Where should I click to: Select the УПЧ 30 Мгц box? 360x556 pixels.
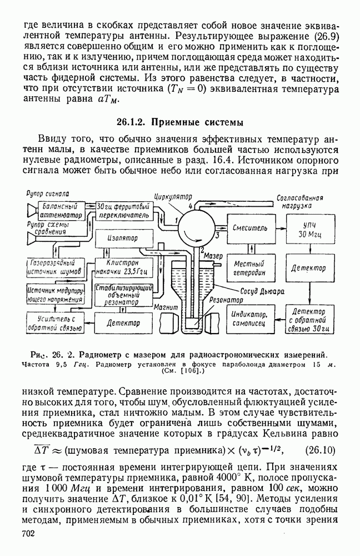coord(309,228)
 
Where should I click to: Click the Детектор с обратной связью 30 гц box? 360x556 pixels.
coord(310,319)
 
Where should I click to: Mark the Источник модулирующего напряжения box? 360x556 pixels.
coord(54,293)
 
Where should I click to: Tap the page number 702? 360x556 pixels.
coord(29,534)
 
